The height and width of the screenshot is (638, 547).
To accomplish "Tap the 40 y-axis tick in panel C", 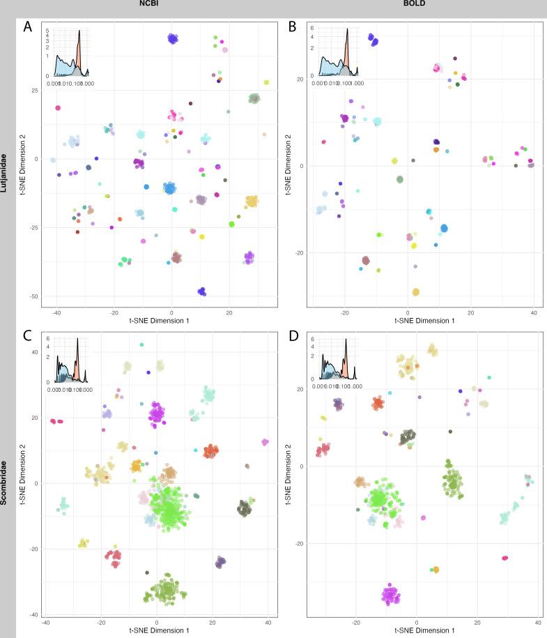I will pyautogui.click(x=33, y=352).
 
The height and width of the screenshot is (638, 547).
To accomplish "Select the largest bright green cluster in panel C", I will pyautogui.click(x=167, y=510).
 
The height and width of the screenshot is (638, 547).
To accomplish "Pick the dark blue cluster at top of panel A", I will pyautogui.click(x=172, y=38).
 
